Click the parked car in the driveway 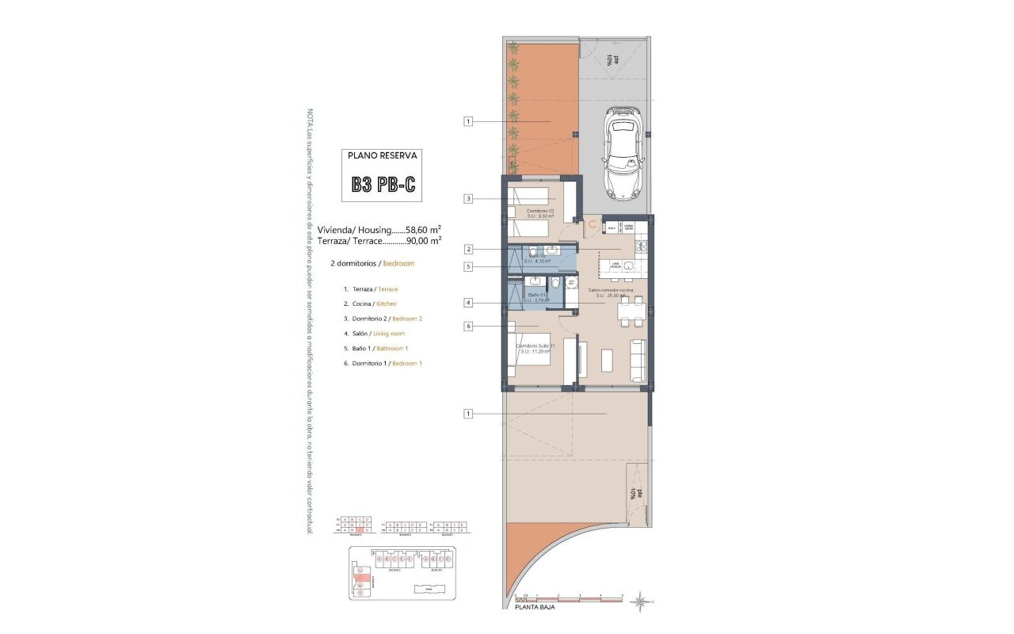623,154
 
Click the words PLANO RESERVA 383,156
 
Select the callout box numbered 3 469,199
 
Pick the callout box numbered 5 469,267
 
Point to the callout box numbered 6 469,326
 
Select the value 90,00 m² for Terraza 423,240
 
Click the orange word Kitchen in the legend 387,304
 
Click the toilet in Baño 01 555,284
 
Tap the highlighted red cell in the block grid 359,530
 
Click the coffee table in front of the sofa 607,360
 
